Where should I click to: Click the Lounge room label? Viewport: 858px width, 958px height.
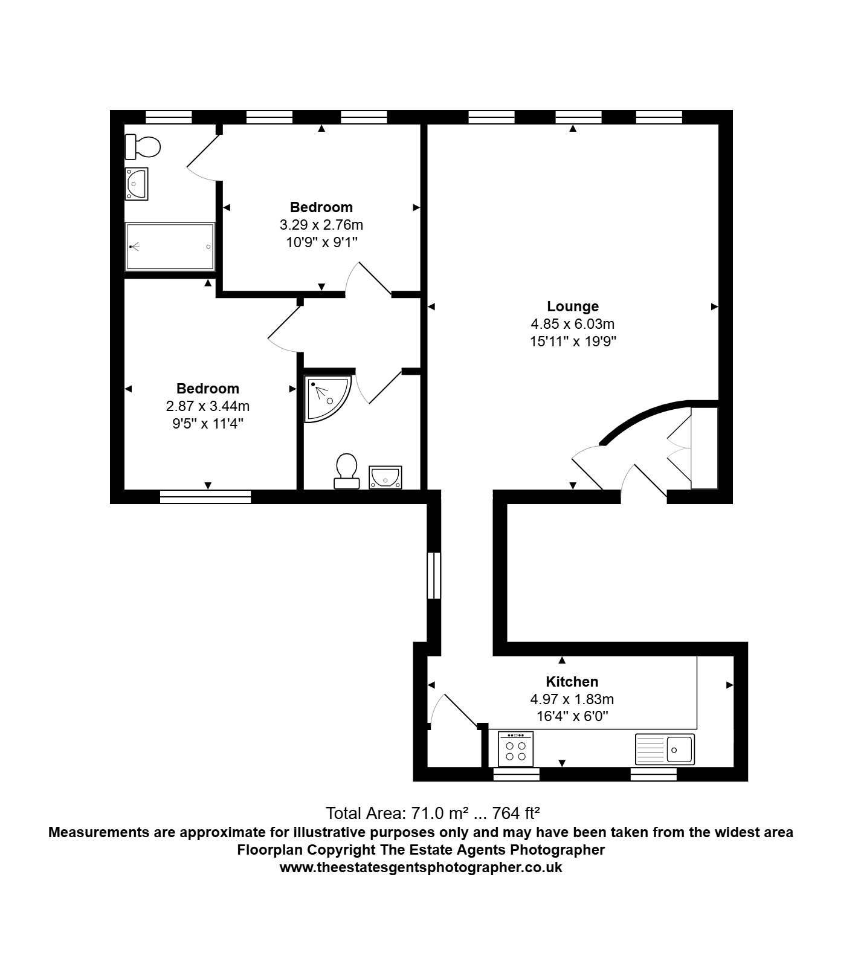572,306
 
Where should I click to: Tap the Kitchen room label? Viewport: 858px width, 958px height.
572,682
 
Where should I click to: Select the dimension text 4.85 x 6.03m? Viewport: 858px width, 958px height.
572,324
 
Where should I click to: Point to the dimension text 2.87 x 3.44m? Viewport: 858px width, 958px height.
207,406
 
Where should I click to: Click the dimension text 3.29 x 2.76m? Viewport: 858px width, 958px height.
321,225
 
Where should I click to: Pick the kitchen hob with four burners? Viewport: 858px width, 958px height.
515,749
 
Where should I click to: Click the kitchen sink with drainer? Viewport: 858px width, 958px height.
665,749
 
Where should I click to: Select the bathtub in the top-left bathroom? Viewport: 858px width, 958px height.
170,247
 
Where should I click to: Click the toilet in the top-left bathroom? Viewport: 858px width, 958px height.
143,146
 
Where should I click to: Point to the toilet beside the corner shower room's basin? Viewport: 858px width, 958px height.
346,471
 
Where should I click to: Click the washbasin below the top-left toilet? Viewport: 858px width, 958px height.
136,184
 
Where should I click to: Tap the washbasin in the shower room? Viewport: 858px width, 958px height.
385,477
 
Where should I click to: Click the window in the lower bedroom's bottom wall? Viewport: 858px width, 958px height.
205,497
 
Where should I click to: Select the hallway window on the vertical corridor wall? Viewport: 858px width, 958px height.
434,575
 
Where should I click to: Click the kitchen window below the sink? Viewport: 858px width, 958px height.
653,774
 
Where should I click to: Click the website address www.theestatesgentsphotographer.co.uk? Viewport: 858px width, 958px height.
421,868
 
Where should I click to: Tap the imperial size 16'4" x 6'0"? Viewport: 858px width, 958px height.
572,717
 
